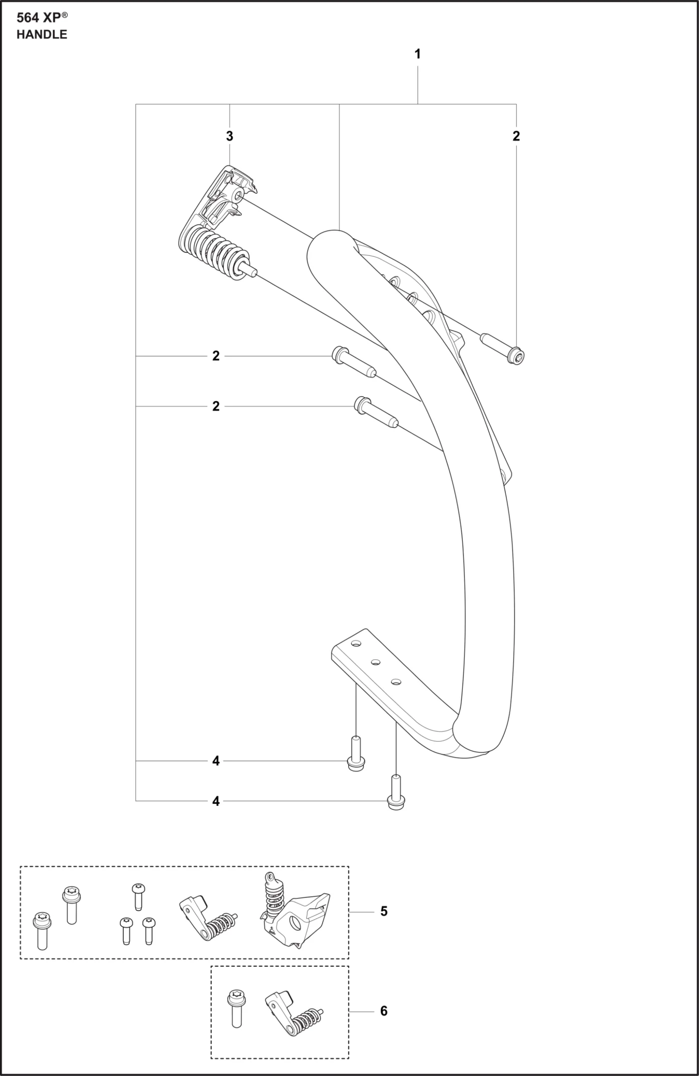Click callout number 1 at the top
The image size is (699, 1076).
(417, 54)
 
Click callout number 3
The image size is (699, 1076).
(229, 136)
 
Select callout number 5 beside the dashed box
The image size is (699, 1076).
(383, 911)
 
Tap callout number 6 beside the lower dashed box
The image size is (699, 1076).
(383, 1011)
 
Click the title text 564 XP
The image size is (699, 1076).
(42, 17)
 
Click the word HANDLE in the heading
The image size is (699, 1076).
(42, 34)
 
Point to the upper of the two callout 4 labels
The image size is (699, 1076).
(216, 761)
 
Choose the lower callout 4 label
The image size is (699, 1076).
(216, 801)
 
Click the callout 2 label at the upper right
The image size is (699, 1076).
(516, 136)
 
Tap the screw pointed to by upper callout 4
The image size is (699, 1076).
(356, 754)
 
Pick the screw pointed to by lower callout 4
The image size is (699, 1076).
(396, 792)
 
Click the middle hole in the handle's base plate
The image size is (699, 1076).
(375, 662)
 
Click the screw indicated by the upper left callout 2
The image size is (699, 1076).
(354, 362)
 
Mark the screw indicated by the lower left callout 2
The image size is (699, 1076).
(376, 412)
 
